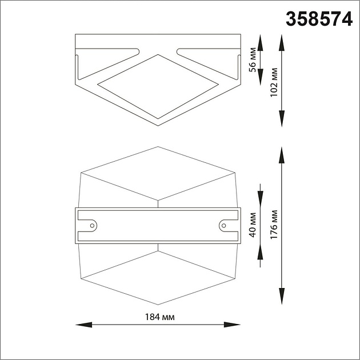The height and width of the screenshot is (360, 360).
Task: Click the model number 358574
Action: (319, 19)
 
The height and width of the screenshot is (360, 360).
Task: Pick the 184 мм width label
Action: (159, 317)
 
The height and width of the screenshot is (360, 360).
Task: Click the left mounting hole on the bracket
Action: (91, 225)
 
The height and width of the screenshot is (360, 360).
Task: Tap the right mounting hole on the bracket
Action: (223, 225)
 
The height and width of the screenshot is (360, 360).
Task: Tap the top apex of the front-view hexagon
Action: (158, 147)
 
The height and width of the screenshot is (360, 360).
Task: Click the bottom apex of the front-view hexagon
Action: (158, 305)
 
